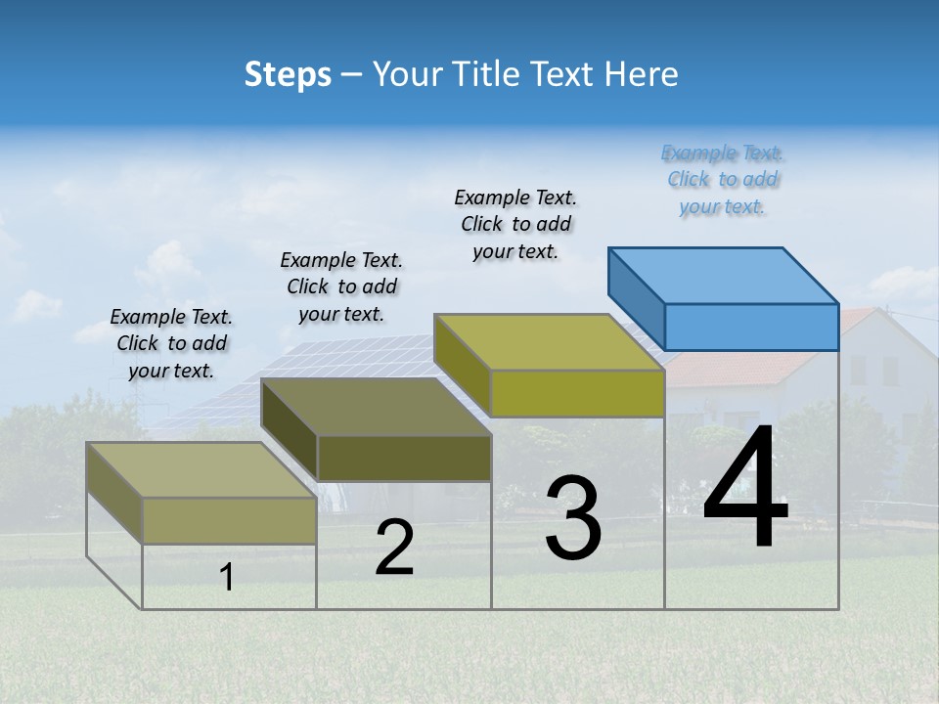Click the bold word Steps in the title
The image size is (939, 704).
[288, 74]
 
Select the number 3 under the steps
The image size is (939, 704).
[573, 518]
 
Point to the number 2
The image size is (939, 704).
[394, 548]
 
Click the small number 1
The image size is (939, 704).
[227, 577]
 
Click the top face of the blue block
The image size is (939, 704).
[724, 276]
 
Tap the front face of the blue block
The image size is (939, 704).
[751, 327]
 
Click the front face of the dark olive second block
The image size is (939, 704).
[404, 458]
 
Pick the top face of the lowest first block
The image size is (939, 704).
[201, 469]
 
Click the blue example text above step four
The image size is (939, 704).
[722, 180]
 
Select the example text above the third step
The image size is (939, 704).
[515, 225]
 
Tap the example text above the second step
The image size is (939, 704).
[341, 286]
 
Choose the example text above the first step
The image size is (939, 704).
[171, 344]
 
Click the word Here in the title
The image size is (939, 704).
[641, 74]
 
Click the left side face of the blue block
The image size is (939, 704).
[636, 297]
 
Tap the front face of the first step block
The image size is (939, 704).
[229, 520]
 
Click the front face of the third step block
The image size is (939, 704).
[577, 394]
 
